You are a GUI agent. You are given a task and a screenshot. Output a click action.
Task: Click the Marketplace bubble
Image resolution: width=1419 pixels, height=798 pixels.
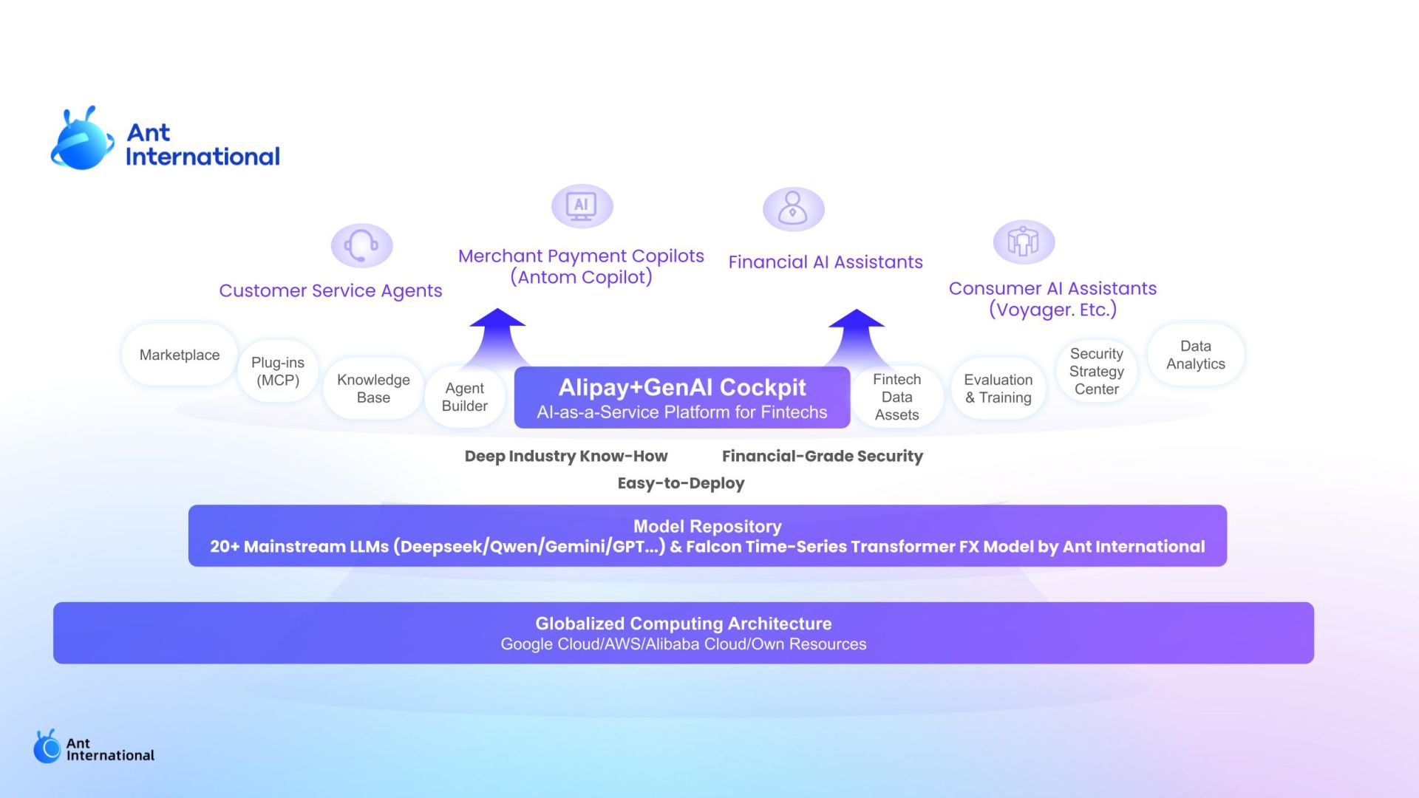click(180, 355)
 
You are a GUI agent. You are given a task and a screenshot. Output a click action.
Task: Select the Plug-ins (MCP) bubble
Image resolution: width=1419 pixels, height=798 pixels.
click(278, 371)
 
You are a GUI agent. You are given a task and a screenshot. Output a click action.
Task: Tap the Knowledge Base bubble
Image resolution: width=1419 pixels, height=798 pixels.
click(373, 389)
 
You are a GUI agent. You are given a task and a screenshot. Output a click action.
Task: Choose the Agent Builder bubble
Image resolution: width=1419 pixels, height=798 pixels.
click(464, 397)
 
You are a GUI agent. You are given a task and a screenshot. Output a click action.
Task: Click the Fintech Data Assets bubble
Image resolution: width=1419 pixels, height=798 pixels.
click(896, 397)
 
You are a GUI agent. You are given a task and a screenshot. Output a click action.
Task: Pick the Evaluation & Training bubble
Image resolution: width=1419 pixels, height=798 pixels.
click(998, 389)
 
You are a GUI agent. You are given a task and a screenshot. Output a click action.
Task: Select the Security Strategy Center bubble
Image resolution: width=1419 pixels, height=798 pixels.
click(1097, 371)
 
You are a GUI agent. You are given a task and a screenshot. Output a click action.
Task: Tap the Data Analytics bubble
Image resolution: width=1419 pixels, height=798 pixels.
click(1196, 355)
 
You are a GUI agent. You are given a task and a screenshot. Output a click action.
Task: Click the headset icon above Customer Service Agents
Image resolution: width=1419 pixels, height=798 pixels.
click(361, 245)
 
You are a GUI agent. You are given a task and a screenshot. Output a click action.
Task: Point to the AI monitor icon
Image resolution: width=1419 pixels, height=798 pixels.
click(582, 206)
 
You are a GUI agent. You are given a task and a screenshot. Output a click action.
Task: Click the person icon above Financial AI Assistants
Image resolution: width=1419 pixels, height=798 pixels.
click(794, 209)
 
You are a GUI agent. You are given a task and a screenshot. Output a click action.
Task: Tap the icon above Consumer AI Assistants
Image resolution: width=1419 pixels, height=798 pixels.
click(1024, 242)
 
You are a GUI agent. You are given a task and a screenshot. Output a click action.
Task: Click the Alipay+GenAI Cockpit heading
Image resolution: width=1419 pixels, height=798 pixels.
click(682, 387)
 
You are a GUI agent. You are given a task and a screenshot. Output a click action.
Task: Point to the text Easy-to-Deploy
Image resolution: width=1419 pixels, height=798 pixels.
click(681, 483)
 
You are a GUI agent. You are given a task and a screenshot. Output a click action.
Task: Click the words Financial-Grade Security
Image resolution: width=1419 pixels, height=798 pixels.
click(823, 456)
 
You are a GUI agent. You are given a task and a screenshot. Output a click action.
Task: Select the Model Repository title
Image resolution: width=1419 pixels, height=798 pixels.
click(707, 526)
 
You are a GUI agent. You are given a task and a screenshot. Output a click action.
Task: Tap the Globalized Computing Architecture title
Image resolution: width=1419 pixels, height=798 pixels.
click(684, 624)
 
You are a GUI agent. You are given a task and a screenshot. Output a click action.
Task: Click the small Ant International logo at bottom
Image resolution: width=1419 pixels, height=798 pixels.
click(94, 747)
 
